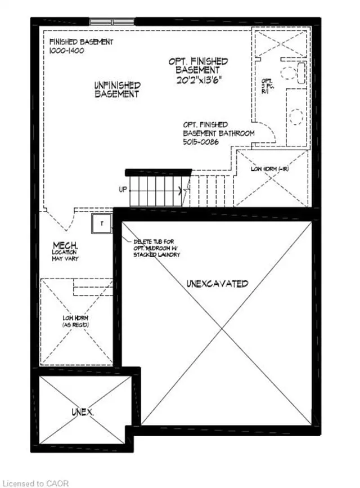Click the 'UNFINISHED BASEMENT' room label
click(x=117, y=90)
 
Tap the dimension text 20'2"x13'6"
click(x=198, y=79)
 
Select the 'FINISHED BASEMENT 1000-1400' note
click(x=81, y=46)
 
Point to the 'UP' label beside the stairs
click(x=123, y=190)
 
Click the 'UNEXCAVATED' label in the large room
click(x=217, y=284)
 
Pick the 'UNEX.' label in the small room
click(x=82, y=412)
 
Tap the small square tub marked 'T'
click(x=102, y=223)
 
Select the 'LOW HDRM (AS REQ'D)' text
click(x=76, y=323)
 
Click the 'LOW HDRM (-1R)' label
click(x=271, y=169)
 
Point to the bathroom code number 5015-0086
click(x=200, y=142)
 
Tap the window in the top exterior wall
click(x=112, y=21)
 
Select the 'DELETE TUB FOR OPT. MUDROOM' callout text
click(x=156, y=248)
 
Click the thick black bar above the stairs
click(x=158, y=172)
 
